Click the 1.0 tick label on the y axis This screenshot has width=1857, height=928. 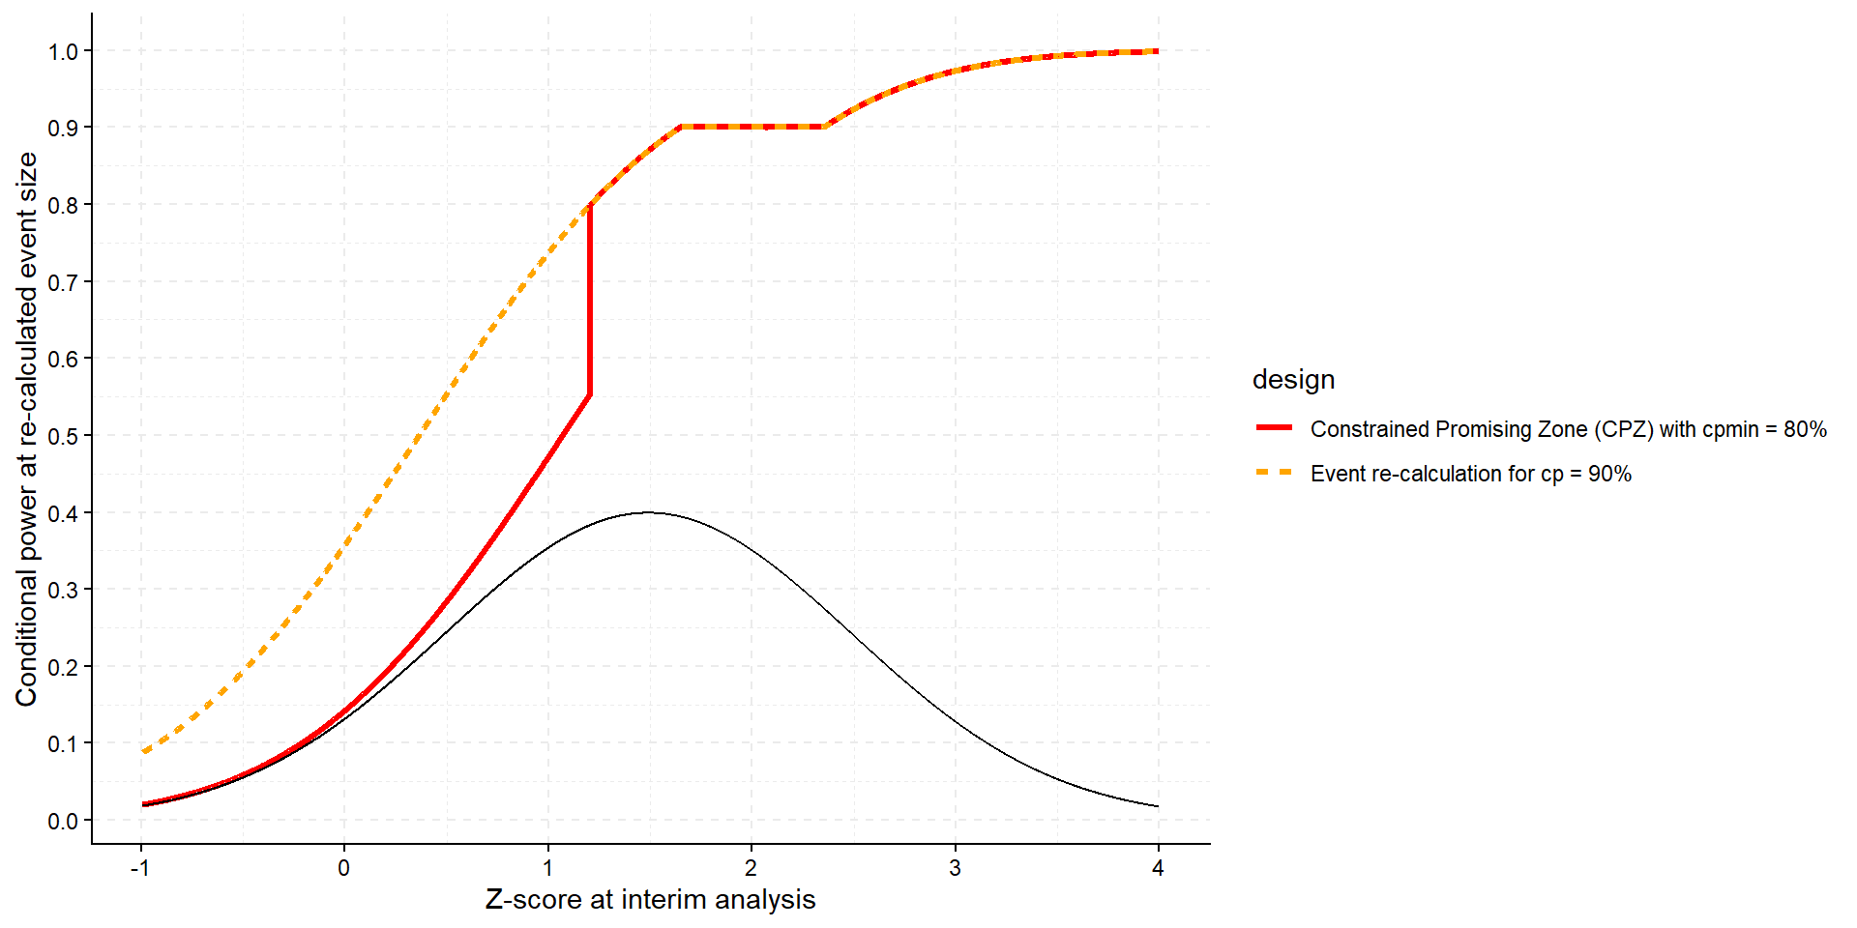[63, 51]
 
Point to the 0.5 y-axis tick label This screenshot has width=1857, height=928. [63, 436]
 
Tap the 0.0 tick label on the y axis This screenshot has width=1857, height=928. [63, 821]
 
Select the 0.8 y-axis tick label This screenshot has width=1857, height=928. [63, 205]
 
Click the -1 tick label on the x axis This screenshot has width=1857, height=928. [140, 868]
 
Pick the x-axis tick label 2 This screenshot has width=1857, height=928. [751, 868]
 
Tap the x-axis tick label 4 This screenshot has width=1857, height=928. [1158, 868]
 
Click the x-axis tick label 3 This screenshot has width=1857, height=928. [955, 868]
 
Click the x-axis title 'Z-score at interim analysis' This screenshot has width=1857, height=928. [650, 900]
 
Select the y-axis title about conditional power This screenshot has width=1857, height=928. [26, 428]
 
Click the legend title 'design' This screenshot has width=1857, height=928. [1293, 380]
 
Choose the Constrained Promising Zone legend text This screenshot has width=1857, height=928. [1568, 429]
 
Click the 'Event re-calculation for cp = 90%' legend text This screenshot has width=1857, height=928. [1470, 474]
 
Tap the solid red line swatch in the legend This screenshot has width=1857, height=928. [1274, 427]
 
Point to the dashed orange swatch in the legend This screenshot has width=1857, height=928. [1274, 473]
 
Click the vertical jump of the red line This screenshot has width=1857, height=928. [589, 300]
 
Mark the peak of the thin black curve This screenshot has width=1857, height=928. [649, 512]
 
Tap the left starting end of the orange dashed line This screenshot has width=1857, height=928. [143, 751]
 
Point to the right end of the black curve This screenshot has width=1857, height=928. [1157, 806]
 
